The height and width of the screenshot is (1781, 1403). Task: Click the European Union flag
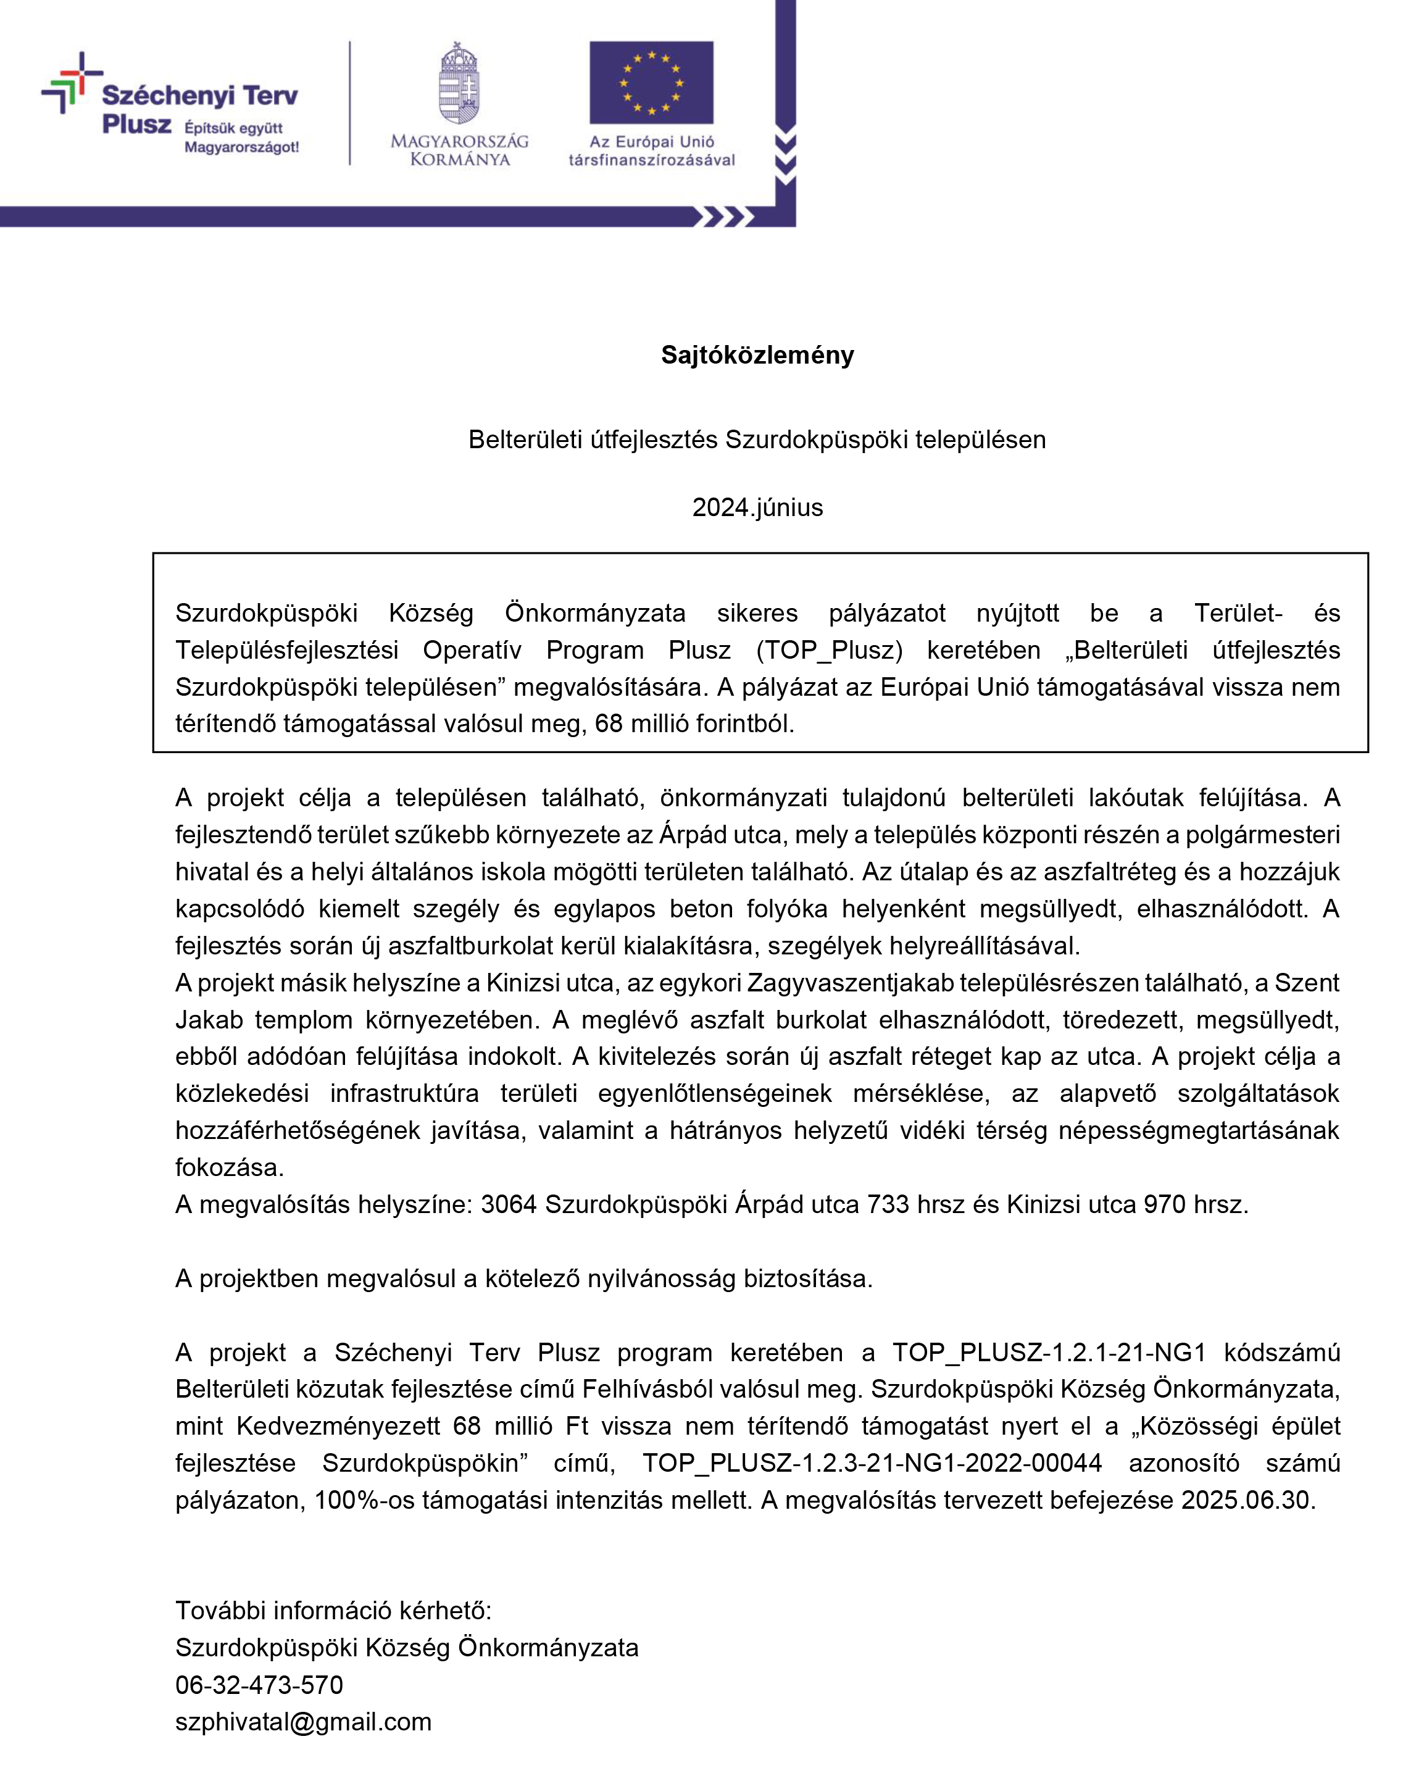pos(651,83)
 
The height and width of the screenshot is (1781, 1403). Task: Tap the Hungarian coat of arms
pos(459,84)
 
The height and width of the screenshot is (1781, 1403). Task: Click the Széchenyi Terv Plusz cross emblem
pos(70,82)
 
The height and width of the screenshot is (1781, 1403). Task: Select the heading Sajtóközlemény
pos(757,355)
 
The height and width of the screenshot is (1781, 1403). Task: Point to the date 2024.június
pos(757,507)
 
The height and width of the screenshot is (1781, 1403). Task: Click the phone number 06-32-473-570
pos(259,1684)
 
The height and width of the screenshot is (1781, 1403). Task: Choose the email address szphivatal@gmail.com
pos(303,1721)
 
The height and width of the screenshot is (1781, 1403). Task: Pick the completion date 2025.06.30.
pos(1247,1499)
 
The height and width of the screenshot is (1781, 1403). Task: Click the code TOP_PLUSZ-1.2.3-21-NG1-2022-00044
pos(872,1462)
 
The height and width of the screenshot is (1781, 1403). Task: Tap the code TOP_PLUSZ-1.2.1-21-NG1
pos(1049,1352)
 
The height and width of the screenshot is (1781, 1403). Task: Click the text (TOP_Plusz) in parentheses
pos(829,650)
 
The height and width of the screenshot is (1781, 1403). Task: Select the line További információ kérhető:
pos(333,1610)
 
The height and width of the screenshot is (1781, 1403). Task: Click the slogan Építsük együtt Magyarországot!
pos(241,138)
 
